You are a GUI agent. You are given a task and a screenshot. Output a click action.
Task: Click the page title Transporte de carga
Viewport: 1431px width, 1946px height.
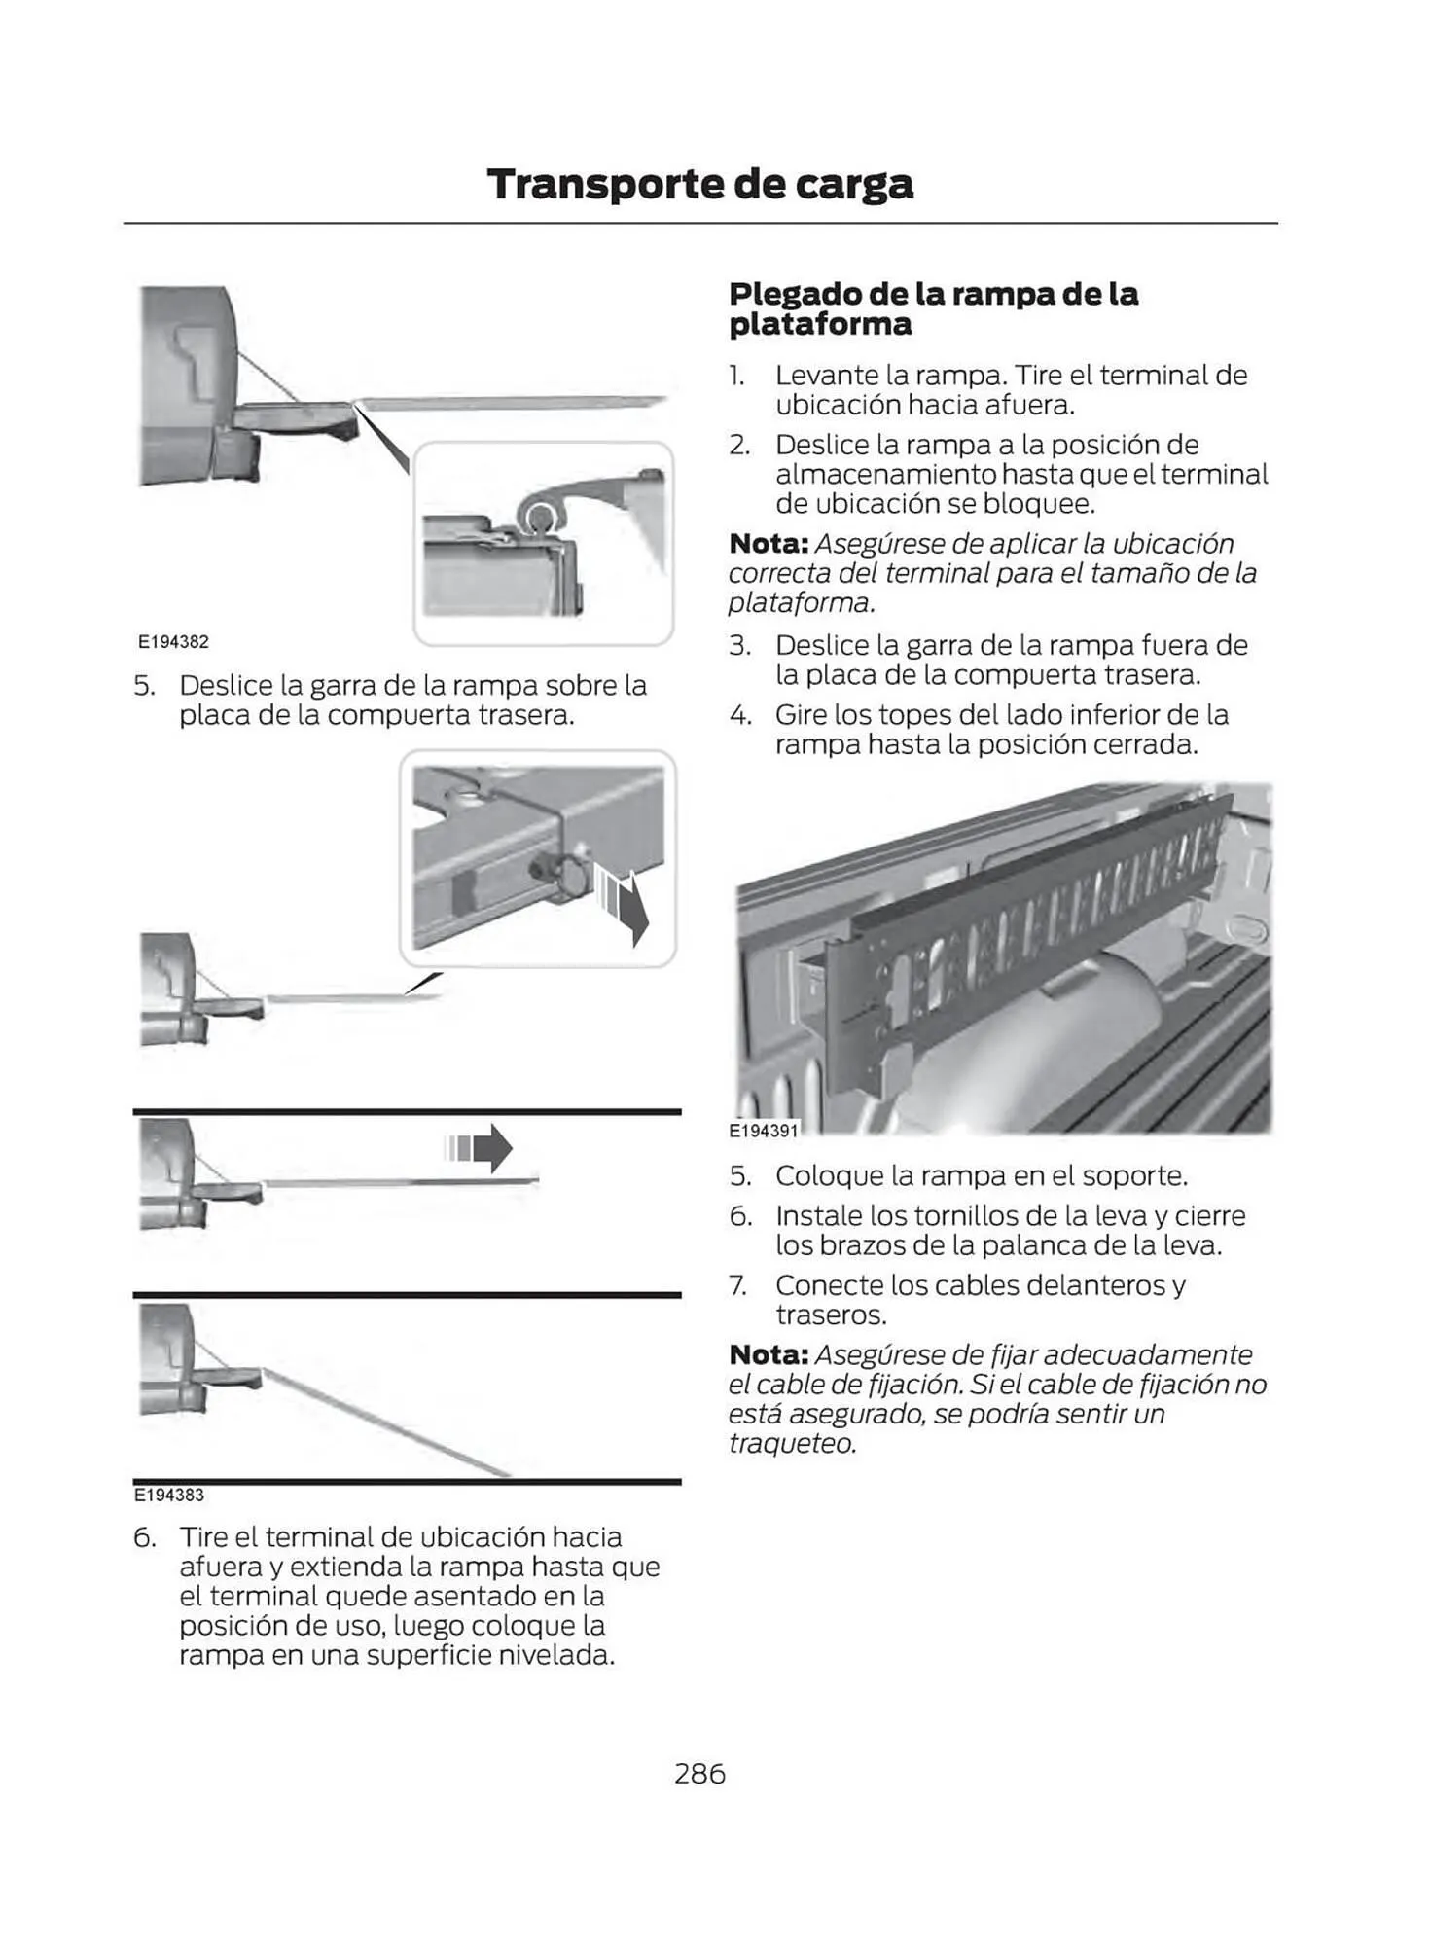click(699, 184)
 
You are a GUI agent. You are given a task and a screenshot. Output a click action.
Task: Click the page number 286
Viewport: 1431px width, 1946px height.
click(699, 1774)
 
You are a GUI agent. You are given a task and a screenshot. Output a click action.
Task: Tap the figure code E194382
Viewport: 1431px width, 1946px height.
click(173, 642)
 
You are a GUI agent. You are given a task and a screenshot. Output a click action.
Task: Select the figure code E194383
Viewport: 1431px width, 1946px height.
click(168, 1495)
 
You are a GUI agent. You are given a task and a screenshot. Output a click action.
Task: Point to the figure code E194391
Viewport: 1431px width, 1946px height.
click(763, 1131)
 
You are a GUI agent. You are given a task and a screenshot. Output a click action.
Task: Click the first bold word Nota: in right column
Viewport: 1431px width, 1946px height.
click(768, 544)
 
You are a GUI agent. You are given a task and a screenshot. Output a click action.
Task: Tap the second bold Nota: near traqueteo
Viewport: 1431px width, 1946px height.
click(768, 1354)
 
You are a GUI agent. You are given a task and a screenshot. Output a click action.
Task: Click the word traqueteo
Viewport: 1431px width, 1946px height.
click(792, 1443)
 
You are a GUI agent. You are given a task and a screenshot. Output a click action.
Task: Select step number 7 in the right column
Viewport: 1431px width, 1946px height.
click(738, 1285)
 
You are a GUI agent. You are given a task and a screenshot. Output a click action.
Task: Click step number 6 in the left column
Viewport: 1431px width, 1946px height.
click(144, 1537)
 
